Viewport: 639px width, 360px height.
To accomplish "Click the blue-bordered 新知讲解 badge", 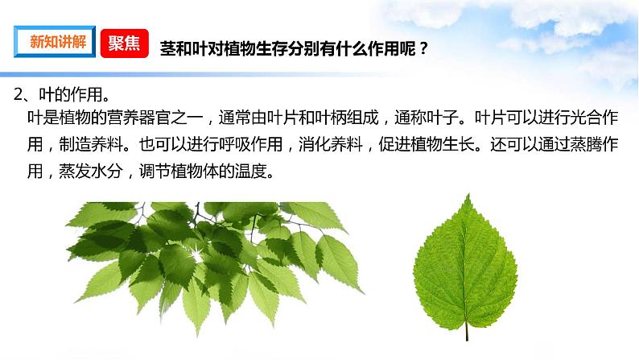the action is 55,42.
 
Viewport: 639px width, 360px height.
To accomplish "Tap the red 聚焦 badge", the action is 124,43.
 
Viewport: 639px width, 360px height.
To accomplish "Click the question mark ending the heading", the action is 423,49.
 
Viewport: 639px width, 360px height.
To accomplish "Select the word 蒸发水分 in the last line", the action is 90,172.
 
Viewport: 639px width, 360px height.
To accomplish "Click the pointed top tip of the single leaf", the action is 468,194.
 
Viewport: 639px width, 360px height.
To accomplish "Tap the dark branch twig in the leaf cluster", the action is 197,215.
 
